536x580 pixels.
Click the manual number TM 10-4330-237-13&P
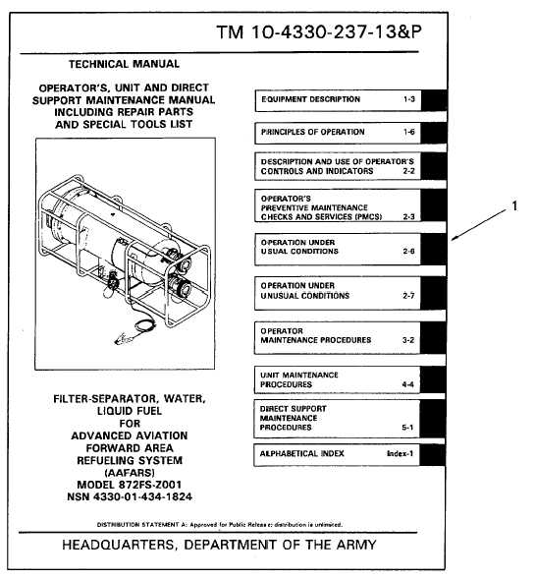click(x=319, y=31)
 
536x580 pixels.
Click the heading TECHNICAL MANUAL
click(x=124, y=64)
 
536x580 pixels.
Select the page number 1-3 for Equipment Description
click(x=409, y=99)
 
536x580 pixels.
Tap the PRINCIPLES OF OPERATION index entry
click(x=312, y=132)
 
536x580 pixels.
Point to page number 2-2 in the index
click(x=409, y=171)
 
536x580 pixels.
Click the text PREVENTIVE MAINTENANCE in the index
click(x=314, y=207)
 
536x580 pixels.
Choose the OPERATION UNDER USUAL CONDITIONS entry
click(x=299, y=247)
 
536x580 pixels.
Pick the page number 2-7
click(x=408, y=296)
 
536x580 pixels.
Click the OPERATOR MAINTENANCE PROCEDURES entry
click(x=316, y=335)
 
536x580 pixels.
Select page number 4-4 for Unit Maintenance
click(x=407, y=384)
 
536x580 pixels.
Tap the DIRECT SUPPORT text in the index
click(x=293, y=409)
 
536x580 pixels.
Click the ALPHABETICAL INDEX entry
click(x=301, y=453)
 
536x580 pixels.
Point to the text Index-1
click(x=400, y=453)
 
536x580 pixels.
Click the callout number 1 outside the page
click(x=514, y=205)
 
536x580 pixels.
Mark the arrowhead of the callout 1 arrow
click(x=453, y=240)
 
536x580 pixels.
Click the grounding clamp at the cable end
click(x=124, y=339)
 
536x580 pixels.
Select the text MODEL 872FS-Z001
click(x=129, y=485)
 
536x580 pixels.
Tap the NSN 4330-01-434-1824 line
click(x=130, y=496)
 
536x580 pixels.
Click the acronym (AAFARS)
click(x=130, y=473)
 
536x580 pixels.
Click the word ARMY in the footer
click(x=356, y=545)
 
